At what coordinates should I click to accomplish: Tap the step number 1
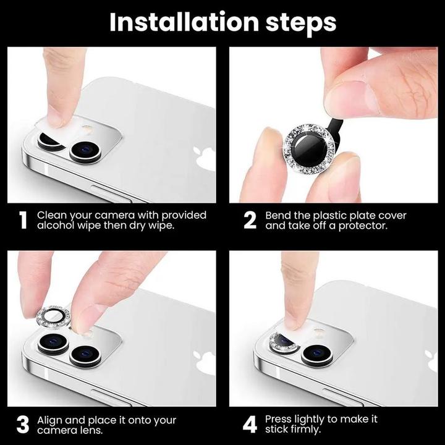click(23, 221)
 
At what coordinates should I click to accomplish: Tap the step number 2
click(250, 221)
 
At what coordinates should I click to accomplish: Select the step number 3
click(23, 425)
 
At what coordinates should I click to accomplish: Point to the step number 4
click(250, 425)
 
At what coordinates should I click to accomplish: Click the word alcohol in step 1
click(57, 226)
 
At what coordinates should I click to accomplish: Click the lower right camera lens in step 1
click(85, 150)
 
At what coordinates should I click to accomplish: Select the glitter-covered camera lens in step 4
click(284, 342)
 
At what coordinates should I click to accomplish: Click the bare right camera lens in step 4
click(317, 354)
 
